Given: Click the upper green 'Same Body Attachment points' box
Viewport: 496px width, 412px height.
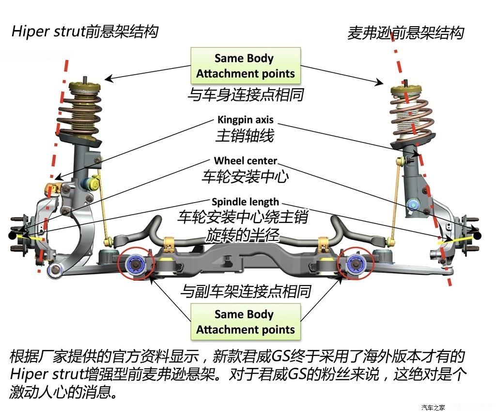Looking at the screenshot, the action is pyautogui.click(x=246, y=66).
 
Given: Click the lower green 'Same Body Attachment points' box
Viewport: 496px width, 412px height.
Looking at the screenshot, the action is pyautogui.click(x=246, y=322).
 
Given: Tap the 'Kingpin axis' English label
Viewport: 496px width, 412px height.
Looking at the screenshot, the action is pyautogui.click(x=246, y=120).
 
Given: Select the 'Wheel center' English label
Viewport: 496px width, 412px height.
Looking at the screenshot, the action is pyautogui.click(x=246, y=161).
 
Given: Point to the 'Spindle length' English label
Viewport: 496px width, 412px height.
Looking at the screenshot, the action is pyautogui.click(x=246, y=202).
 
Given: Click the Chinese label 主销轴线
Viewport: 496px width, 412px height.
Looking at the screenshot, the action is pyautogui.click(x=245, y=136).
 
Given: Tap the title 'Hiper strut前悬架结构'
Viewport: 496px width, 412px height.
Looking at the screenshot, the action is pyautogui.click(x=85, y=32).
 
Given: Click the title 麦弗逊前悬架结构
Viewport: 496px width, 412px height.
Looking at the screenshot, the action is pyautogui.click(x=406, y=33).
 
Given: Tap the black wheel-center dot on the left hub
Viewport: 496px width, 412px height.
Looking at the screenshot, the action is pyautogui.click(x=13, y=236).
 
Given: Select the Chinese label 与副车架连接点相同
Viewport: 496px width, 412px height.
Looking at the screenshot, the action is pyautogui.click(x=246, y=291).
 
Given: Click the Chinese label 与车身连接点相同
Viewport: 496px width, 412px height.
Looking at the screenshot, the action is pyautogui.click(x=246, y=95).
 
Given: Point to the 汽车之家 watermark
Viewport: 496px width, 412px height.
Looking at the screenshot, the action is pyautogui.click(x=433, y=408).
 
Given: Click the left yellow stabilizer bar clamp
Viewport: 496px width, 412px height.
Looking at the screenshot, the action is pyautogui.click(x=169, y=244).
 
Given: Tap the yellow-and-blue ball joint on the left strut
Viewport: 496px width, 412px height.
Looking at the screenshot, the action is pyautogui.click(x=91, y=184).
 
